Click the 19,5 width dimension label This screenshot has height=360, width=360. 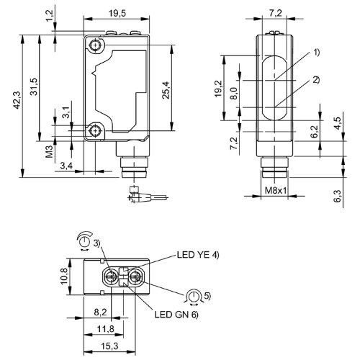coord(117,14)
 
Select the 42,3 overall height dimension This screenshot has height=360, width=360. coord(17,100)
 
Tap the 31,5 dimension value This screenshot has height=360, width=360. coord(35,86)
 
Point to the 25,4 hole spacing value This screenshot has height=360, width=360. coord(166,90)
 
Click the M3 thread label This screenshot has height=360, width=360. coord(49,151)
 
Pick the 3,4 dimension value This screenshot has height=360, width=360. coord(66,166)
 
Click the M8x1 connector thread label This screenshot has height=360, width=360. coord(276,191)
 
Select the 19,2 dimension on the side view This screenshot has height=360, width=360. coord(219,89)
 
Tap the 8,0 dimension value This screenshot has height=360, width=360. coord(234,93)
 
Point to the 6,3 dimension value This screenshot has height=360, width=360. coord(338,196)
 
